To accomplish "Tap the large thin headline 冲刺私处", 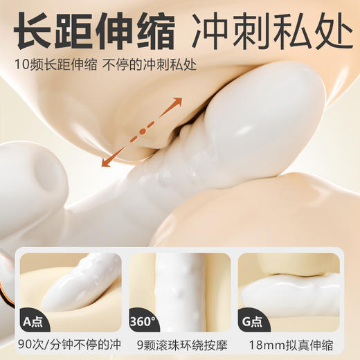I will click(x=265, y=32).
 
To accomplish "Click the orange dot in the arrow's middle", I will click(x=143, y=130).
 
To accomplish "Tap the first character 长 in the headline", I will click(x=34, y=32).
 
